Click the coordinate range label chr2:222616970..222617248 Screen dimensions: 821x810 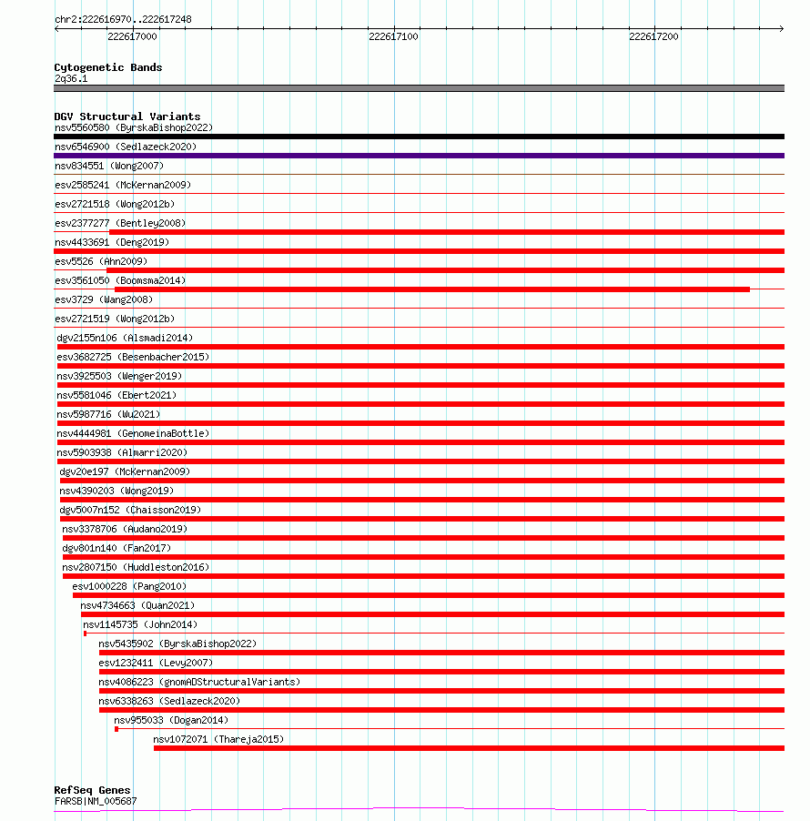123,19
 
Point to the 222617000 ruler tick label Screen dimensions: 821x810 132,36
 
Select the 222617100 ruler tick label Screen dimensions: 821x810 393,36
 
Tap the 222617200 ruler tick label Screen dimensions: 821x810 653,36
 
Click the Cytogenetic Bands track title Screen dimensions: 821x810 107,67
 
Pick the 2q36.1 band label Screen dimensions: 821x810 71,78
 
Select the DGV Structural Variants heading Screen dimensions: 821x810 127,117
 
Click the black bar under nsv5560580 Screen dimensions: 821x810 419,137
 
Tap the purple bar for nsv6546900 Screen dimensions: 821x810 419,156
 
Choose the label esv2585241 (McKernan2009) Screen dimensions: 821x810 122,185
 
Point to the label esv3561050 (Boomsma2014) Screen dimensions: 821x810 120,280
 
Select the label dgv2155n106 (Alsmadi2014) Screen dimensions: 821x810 125,338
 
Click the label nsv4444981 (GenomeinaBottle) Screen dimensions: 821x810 133,433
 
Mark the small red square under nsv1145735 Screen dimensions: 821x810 85,633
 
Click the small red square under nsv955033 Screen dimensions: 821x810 116,729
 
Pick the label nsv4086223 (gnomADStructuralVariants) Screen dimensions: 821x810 199,682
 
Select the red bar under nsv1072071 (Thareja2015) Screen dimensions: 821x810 469,748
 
